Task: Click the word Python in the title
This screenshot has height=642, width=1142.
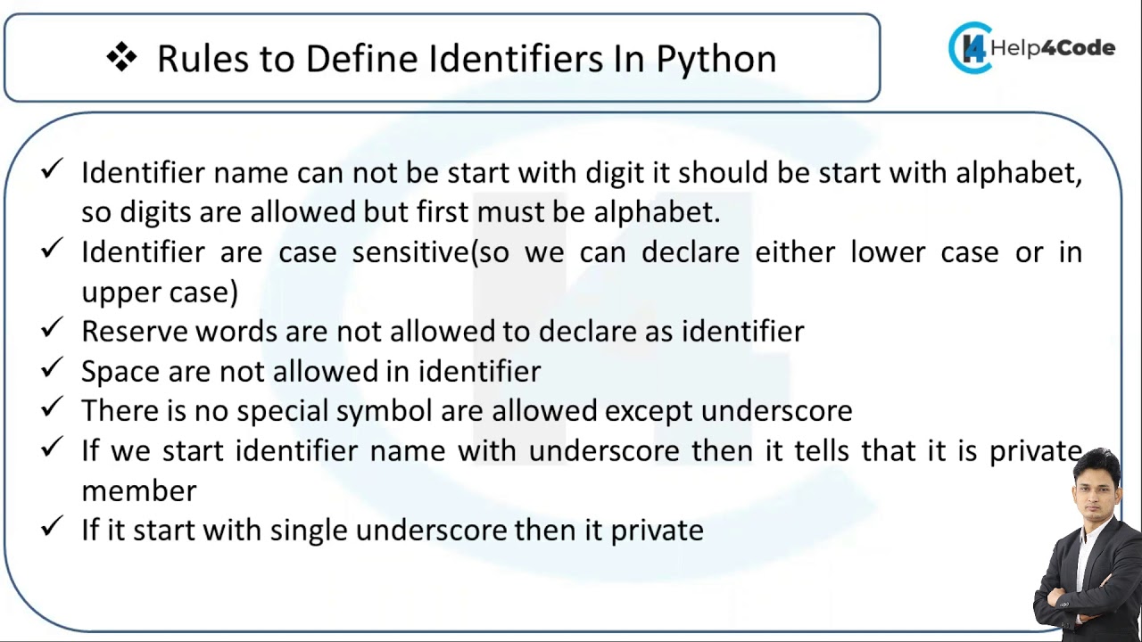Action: (x=716, y=60)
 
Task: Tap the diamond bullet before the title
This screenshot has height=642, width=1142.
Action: (x=121, y=58)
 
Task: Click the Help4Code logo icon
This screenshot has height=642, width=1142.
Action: (x=970, y=48)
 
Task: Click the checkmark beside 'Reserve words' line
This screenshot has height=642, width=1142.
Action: (x=52, y=328)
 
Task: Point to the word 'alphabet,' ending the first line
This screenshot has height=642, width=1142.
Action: (x=1018, y=172)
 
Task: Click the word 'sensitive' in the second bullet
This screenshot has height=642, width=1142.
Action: (x=410, y=252)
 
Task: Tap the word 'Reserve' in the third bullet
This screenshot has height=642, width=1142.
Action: (x=134, y=332)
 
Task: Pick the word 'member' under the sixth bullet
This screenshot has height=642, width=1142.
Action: (x=138, y=490)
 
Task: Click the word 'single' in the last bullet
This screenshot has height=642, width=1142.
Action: (x=309, y=531)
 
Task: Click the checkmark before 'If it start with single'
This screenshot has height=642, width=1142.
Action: (x=52, y=526)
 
